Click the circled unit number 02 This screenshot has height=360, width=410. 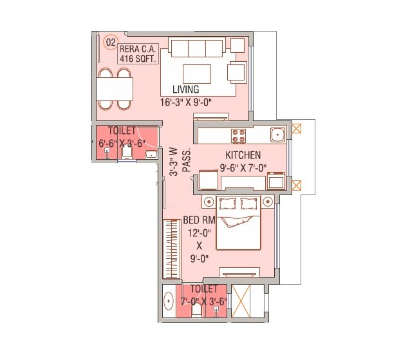pos(111,43)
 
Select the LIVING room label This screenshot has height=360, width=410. pos(186,90)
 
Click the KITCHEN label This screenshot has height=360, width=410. pos(243,155)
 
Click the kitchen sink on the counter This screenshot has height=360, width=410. pos(277,135)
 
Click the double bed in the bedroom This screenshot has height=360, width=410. pos(238,224)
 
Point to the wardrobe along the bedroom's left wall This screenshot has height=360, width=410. pos(171,248)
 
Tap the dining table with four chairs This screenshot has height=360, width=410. pos(115,88)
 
